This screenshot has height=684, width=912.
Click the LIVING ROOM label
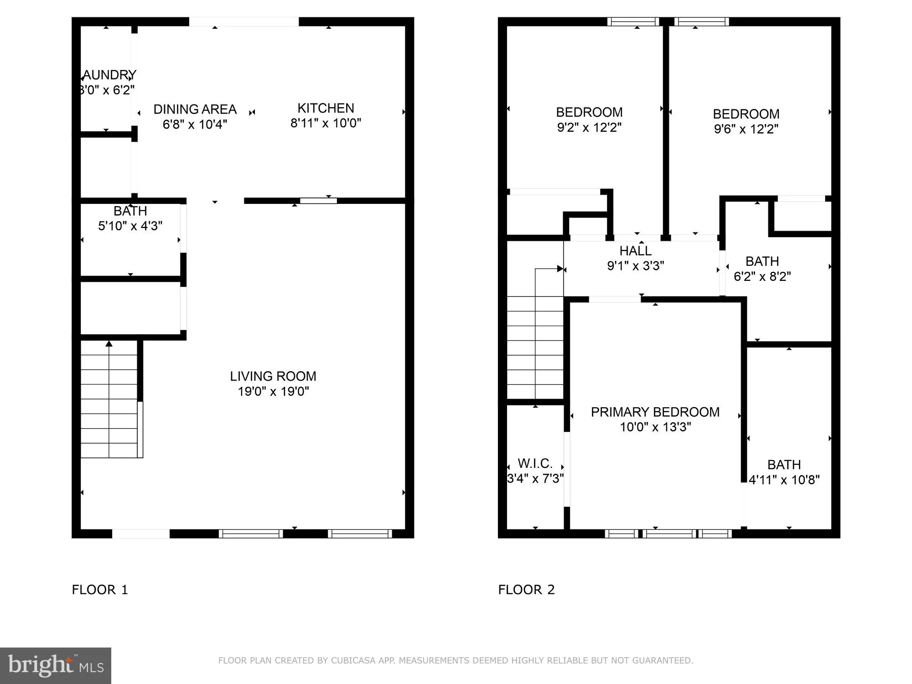pos(273,376)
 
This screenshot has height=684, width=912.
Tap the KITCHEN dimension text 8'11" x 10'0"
pos(326,123)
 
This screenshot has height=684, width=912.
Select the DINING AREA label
pos(195,109)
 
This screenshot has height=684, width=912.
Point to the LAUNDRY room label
pos(109,75)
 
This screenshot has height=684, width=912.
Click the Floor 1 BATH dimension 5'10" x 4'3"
pos(130,226)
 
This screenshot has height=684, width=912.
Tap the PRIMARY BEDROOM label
pos(655,412)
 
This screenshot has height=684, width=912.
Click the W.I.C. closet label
pos(535,464)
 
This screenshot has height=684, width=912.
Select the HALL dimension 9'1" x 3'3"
pos(635,266)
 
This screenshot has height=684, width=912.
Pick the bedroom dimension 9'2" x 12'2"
pos(589,127)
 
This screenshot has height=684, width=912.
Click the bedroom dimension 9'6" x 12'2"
pos(746,129)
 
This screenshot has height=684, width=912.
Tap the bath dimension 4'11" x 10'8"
pos(784,480)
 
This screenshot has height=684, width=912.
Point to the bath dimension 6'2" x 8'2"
pos(762,276)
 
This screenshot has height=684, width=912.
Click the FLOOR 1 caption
pos(100,590)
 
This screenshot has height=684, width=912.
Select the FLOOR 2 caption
pos(526,590)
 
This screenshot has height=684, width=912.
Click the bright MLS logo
pos(55,665)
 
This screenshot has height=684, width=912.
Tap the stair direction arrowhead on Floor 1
pos(109,343)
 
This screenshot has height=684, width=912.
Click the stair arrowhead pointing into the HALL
pos(560,269)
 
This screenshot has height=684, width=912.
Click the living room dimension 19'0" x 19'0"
pos(273,391)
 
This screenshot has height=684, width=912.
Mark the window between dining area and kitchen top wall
pos(244,21)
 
